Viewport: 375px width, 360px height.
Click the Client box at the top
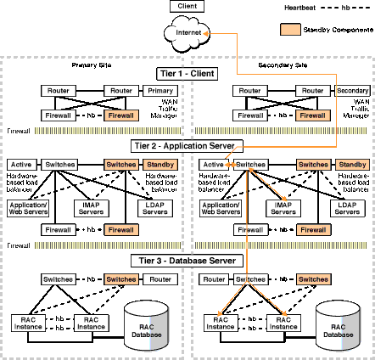(187, 7)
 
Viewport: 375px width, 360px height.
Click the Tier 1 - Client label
(187, 73)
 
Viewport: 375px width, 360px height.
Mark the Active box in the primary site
(21, 163)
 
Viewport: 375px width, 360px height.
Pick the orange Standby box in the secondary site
(351, 163)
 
